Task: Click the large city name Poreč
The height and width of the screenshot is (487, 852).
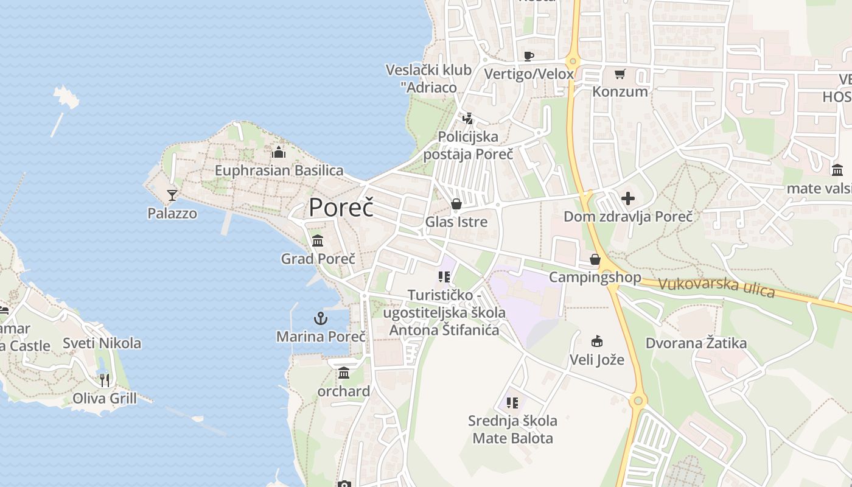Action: point(341,208)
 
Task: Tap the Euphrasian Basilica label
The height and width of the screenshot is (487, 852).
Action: point(279,170)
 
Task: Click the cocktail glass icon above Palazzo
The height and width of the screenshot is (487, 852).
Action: point(172,195)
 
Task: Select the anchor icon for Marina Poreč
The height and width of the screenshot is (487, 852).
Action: point(321,318)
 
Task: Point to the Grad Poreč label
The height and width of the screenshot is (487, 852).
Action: point(318,259)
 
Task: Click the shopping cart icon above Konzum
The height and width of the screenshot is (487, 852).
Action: point(620,74)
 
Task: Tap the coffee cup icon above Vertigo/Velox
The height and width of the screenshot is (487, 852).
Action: point(529,57)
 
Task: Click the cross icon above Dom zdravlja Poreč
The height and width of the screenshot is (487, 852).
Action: point(628,198)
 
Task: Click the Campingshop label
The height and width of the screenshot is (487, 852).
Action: point(595,278)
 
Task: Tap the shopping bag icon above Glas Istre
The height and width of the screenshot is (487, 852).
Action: point(456,204)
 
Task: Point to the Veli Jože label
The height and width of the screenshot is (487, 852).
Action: point(596,360)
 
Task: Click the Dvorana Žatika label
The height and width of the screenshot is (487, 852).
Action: point(696,343)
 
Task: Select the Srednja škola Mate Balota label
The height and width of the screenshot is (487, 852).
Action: point(512,429)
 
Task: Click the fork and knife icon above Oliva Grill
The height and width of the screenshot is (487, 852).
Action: point(105,380)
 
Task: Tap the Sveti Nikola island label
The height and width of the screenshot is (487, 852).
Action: point(102,343)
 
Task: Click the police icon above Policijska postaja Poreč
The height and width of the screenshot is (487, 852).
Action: point(467,119)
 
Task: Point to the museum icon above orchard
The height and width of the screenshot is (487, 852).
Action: point(344,373)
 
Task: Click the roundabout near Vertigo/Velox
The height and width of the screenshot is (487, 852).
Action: point(571,61)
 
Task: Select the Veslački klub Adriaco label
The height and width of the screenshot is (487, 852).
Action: point(428,79)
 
